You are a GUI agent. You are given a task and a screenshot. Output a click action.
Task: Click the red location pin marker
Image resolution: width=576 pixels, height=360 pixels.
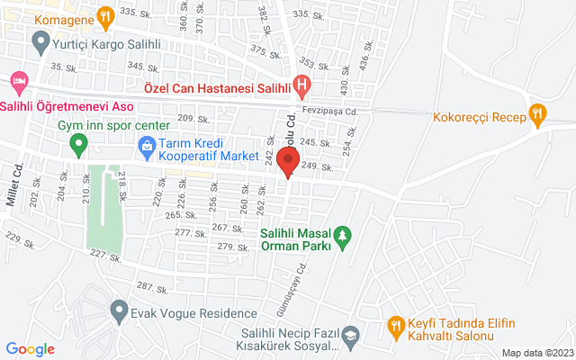point(288,162)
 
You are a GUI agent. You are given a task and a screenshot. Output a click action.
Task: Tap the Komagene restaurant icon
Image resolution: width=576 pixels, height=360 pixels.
point(105,15)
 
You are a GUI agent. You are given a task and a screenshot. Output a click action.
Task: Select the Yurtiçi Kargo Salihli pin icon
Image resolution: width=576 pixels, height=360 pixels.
point(40,40)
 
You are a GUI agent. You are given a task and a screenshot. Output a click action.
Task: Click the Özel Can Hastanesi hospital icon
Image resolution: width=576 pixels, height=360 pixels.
point(301,87)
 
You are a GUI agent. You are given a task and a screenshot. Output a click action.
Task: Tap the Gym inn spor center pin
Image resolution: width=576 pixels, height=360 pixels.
point(78,142)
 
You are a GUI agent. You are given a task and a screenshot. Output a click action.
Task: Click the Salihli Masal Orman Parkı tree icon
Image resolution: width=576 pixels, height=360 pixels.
point(343,236)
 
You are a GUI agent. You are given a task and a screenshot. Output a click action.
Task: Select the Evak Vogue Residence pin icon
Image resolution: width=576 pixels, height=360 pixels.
point(119,312)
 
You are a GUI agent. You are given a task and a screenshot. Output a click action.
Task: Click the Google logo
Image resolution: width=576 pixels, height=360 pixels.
point(31,349)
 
